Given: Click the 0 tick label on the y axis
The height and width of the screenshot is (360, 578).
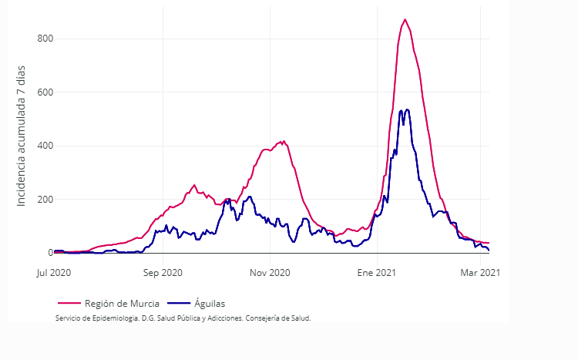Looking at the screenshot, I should coord(49,253).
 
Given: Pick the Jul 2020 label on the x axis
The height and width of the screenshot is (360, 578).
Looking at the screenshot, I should coord(54,272).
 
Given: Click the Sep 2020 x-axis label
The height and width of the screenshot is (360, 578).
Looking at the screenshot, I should coord(163,272).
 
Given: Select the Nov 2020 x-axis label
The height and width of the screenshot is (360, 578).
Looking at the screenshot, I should coord(270,272).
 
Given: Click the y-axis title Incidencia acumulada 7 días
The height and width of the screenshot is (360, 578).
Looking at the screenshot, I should coord(22,136).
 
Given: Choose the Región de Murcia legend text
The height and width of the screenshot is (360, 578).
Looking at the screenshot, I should coord(122,304).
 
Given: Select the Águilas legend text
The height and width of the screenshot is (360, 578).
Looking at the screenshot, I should coord(210,304).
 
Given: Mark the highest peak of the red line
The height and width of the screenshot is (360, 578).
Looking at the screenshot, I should coord(405,19).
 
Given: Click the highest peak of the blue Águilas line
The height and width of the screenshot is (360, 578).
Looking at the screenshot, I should coord(407,109).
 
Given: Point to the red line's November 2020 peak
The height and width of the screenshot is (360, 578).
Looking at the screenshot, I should coord(284,141).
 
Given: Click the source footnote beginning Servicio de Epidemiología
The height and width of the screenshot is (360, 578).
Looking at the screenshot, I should coord(183,318).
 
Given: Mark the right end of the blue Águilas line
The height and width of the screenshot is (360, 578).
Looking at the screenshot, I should coord(489,250).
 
